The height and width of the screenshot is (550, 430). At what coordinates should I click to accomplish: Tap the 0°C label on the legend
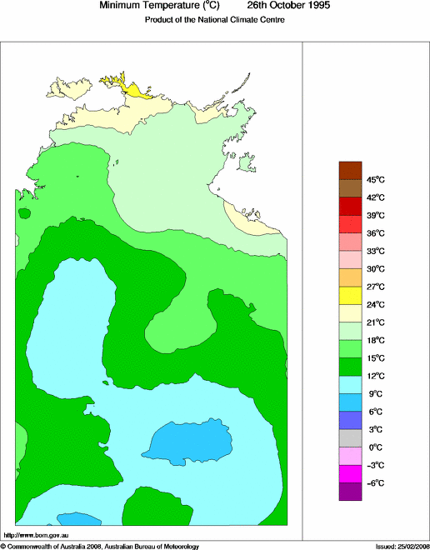[x=375, y=447]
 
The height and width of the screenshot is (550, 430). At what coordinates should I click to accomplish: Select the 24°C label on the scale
[x=376, y=304]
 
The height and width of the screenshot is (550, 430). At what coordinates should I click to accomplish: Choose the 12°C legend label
[x=376, y=376]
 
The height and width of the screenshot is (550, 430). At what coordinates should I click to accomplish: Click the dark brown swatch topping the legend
[x=350, y=170]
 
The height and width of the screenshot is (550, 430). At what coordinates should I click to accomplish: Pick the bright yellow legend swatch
[x=350, y=295]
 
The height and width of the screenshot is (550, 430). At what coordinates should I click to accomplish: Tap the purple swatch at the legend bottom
[x=350, y=492]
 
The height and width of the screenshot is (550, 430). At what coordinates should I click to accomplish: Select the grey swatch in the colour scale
[x=350, y=438]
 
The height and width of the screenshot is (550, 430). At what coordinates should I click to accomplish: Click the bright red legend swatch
[x=350, y=223]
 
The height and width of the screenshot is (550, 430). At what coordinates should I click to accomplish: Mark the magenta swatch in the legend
[x=350, y=473]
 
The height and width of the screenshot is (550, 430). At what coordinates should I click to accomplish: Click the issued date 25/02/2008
[x=408, y=546]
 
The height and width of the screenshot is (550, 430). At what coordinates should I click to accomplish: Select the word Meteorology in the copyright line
[x=177, y=546]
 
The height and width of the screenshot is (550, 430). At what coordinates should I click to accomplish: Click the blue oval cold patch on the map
[x=190, y=441]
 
